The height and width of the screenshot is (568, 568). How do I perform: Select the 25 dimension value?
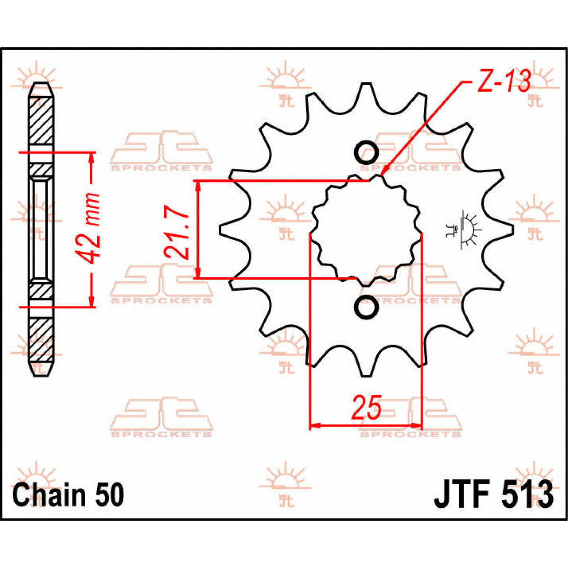[x=366, y=408]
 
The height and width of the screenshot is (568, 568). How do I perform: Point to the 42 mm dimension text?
[x=90, y=228]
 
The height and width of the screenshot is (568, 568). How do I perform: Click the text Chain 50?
[x=68, y=495]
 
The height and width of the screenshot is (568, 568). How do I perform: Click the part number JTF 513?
[x=493, y=495]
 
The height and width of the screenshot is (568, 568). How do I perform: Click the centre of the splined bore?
[x=366, y=230]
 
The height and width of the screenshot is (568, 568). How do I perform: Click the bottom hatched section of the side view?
[x=42, y=338]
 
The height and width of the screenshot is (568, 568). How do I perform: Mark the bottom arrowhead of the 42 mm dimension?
[x=91, y=302]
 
